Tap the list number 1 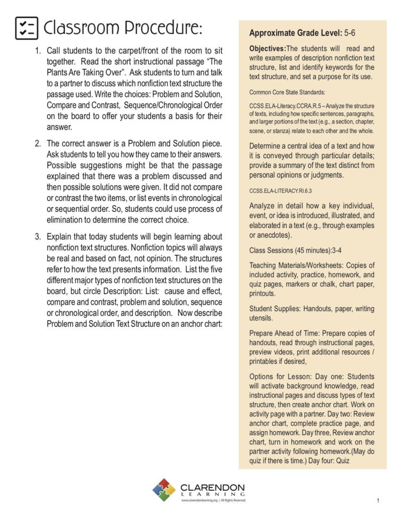click(x=38, y=51)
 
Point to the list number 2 click(x=38, y=143)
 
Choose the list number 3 click(x=38, y=236)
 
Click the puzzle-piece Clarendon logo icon click(x=164, y=490)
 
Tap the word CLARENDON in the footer click(x=212, y=486)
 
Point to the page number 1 click(x=378, y=500)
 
